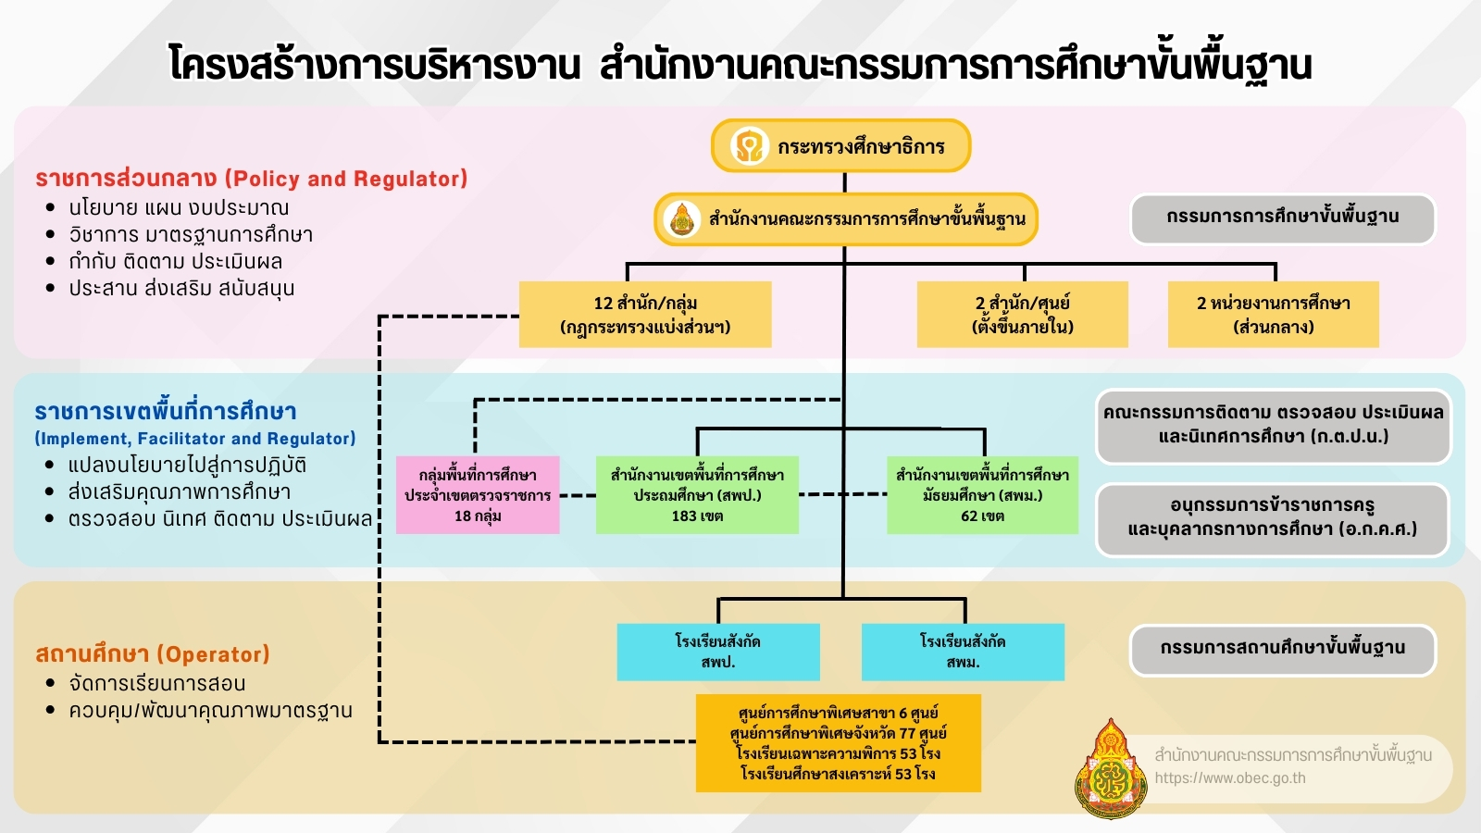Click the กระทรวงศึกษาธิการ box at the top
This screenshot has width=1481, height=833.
pos(840,146)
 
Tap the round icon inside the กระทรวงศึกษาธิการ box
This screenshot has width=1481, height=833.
pos(748,146)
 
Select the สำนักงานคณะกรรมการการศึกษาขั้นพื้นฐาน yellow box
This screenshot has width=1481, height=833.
pos(846,219)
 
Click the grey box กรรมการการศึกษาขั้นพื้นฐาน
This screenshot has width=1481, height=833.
pos(1282,218)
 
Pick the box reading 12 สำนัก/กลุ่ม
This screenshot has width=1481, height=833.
pos(645,315)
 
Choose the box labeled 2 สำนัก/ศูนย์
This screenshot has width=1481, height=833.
pos(1022,315)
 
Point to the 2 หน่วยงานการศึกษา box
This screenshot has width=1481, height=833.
pos(1273,315)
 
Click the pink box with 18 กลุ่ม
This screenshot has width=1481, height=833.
pos(478,495)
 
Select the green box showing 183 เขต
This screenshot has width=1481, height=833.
pos(697,495)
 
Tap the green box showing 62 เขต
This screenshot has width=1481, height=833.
pos(982,495)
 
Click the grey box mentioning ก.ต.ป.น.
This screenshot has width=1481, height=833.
pos(1273,425)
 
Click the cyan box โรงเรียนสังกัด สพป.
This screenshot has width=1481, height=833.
pos(718,652)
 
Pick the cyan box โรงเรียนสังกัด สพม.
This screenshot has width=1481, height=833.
pos(963,652)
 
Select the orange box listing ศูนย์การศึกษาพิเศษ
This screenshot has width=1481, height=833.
pos(838,743)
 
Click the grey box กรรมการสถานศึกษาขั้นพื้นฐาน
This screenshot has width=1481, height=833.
pos(1282,649)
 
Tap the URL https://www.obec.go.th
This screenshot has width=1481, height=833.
pos(1230,778)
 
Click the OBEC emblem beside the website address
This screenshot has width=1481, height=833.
pos(1109,770)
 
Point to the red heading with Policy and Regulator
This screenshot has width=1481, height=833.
pos(251,179)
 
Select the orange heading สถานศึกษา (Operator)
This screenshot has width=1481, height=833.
pos(153,654)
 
